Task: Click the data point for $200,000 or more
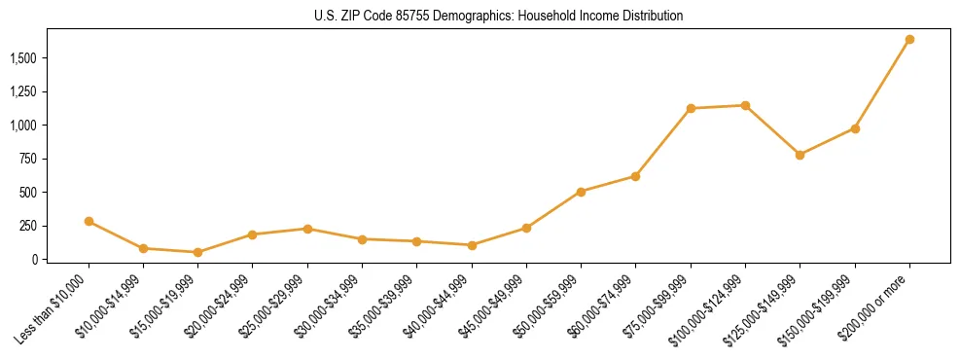909,40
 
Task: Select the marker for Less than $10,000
89,221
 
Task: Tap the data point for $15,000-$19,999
198,252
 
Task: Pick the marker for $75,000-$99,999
691,108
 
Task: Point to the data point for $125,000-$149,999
800,155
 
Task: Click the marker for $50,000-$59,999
581,192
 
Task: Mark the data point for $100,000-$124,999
745,105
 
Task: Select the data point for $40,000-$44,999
472,245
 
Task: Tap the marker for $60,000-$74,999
635,176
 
